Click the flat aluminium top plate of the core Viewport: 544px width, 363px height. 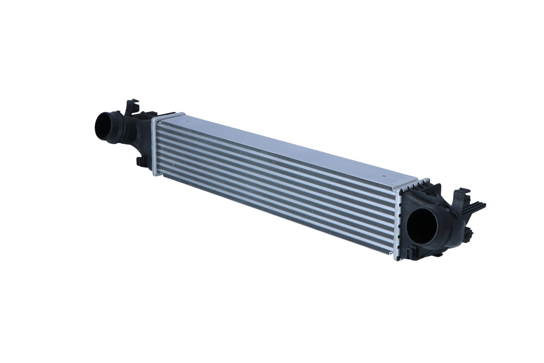[x=290, y=145]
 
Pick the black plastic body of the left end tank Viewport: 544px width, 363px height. [x=140, y=134]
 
